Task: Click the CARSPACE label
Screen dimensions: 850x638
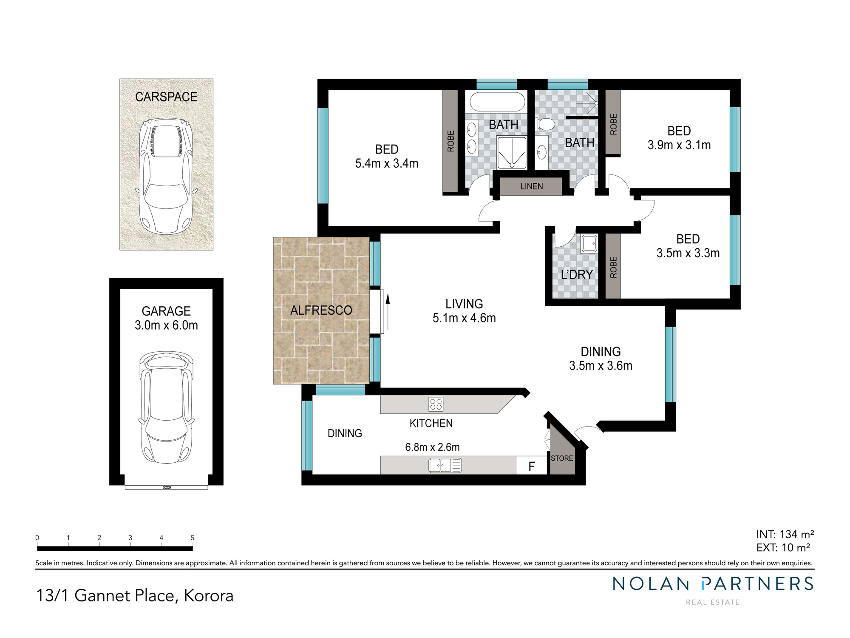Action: point(166,97)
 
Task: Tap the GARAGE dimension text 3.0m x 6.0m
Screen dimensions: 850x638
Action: point(166,325)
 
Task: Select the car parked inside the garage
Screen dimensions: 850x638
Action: point(167,407)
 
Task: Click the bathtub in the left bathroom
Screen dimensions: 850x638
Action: point(497,102)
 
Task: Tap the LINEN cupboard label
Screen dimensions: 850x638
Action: point(532,186)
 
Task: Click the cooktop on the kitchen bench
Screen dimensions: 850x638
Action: point(436,404)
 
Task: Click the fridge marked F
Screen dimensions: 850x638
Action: point(531,467)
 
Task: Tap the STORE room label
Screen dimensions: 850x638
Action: point(562,459)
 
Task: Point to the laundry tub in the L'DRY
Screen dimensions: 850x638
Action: point(589,244)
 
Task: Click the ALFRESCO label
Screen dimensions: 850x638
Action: point(321,310)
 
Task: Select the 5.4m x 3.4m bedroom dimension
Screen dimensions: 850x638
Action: point(387,163)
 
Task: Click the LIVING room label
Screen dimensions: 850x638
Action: point(464,304)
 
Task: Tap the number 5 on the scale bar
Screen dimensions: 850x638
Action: point(193,538)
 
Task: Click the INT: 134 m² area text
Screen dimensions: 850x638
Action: point(785,534)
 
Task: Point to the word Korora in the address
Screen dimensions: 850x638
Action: point(209,595)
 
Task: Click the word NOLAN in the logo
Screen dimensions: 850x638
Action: point(651,584)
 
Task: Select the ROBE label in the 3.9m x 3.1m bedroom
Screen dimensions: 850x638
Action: point(613,124)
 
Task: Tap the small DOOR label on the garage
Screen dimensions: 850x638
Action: point(167,487)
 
